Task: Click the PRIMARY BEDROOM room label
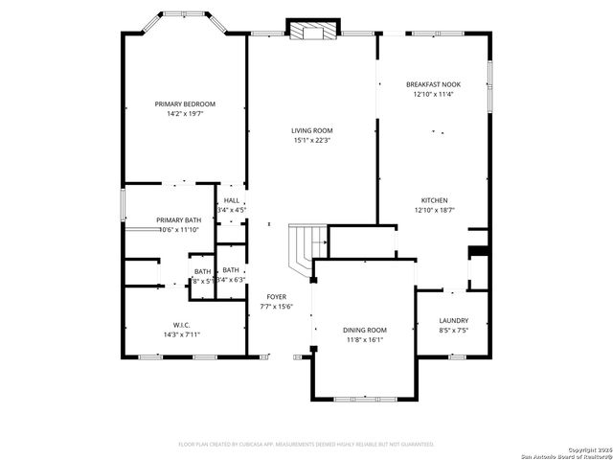coord(185,103)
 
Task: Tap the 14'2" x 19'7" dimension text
coord(185,113)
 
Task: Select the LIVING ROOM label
coord(312,130)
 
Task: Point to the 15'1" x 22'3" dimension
coord(312,140)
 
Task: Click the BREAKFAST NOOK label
coord(433,84)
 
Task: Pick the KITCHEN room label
coord(433,199)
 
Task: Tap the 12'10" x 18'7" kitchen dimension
coord(433,209)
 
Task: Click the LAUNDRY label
coord(453,321)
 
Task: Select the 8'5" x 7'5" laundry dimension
coord(453,331)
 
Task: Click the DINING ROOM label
coord(364,330)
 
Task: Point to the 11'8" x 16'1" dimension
coord(364,339)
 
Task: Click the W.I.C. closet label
coord(180,325)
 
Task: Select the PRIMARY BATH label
coord(179,219)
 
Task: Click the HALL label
coord(232,199)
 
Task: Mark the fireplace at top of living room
coord(312,31)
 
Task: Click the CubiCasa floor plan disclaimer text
coord(306,444)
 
